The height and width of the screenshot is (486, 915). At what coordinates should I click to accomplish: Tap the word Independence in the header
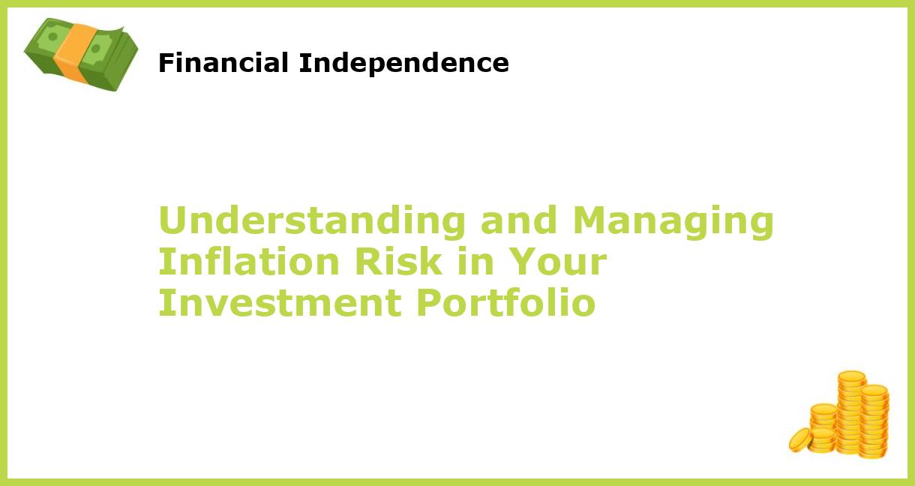tap(403, 64)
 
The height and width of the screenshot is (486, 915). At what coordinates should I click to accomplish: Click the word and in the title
tap(519, 221)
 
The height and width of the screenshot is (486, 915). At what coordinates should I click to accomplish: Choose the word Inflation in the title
tap(250, 262)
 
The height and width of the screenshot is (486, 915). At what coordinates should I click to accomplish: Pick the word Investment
tap(279, 304)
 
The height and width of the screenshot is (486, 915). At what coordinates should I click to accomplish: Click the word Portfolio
tap(505, 304)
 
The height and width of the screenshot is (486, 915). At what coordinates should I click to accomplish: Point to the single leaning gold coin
tap(800, 439)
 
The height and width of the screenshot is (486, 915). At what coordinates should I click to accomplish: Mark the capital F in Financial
tap(164, 64)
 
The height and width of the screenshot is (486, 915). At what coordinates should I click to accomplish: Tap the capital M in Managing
tap(590, 221)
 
